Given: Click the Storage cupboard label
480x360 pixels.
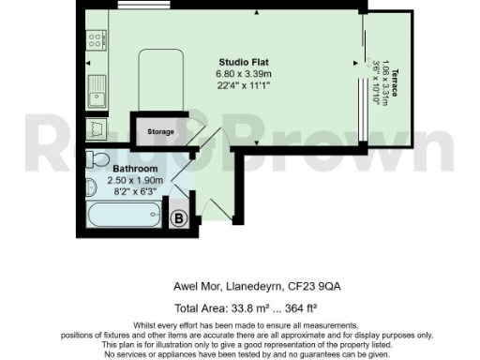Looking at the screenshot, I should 160,132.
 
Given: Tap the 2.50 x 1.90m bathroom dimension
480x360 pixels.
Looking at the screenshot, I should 135,179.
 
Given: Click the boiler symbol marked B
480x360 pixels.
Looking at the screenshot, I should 178,218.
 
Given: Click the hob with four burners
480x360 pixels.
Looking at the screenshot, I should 94,40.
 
